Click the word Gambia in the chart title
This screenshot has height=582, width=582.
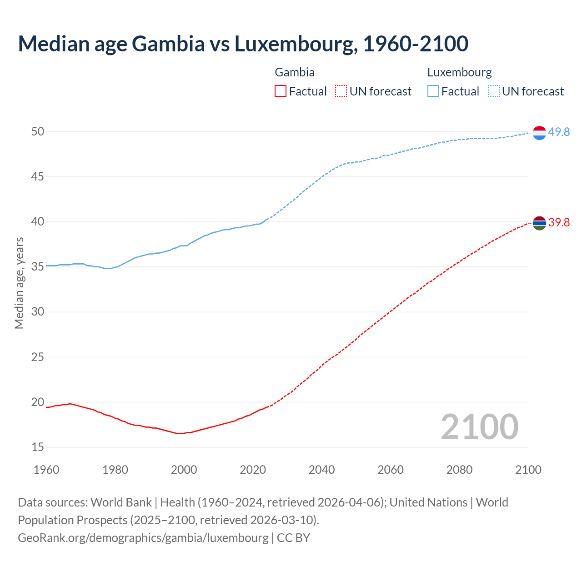click(x=168, y=44)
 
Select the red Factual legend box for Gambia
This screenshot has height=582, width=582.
click(x=281, y=91)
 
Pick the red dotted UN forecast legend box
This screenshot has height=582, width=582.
click(x=341, y=91)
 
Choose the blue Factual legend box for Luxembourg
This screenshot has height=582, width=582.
click(x=433, y=91)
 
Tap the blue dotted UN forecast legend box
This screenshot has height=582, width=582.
click(x=494, y=91)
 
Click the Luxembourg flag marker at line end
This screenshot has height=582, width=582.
click(x=539, y=133)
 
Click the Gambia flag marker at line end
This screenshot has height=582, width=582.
click(x=539, y=223)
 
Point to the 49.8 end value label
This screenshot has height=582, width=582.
click(x=559, y=132)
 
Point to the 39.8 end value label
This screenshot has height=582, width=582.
click(x=559, y=222)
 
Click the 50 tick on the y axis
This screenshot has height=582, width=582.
click(x=38, y=131)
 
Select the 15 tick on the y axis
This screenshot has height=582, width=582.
click(x=38, y=447)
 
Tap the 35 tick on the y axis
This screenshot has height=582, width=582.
click(x=38, y=266)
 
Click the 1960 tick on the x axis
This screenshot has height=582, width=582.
click(x=46, y=470)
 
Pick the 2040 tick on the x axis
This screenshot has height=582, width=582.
click(x=321, y=470)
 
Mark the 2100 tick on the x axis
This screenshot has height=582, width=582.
click(x=528, y=470)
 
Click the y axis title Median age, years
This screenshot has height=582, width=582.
click(x=19, y=283)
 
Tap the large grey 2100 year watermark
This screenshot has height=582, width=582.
click(x=479, y=426)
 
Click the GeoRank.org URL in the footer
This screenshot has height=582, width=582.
click(x=143, y=537)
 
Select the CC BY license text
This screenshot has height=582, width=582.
click(x=293, y=537)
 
